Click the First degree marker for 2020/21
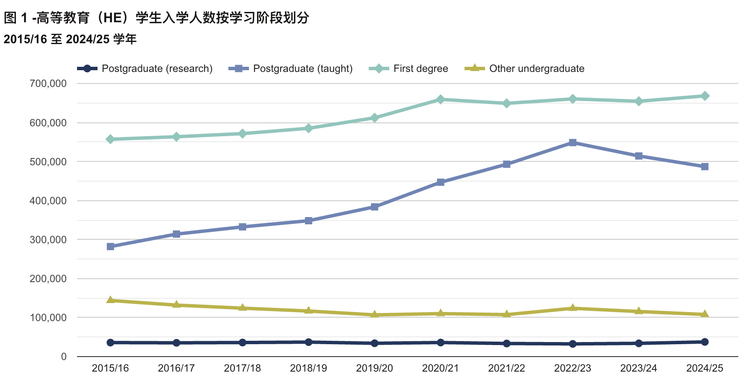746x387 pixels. click(441, 99)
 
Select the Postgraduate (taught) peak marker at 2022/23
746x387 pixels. click(573, 143)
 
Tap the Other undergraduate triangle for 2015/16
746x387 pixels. click(110, 300)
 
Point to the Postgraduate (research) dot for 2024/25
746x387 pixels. click(705, 342)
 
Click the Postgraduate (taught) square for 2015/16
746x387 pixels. click(110, 246)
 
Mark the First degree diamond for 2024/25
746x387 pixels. click(705, 96)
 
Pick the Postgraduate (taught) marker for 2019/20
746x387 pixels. click(374, 207)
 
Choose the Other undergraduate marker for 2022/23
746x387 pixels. click(573, 308)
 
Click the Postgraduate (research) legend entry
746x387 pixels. click(145, 68)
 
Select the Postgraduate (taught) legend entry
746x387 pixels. click(291, 68)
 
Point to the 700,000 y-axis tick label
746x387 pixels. click(48, 83)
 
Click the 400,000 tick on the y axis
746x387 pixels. click(48, 201)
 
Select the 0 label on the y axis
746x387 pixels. click(64, 357)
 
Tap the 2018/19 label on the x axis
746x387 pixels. click(308, 368)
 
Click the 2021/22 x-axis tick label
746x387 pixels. click(506, 368)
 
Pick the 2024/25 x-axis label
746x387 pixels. click(705, 368)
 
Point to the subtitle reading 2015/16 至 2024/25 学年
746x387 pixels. click(70, 39)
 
